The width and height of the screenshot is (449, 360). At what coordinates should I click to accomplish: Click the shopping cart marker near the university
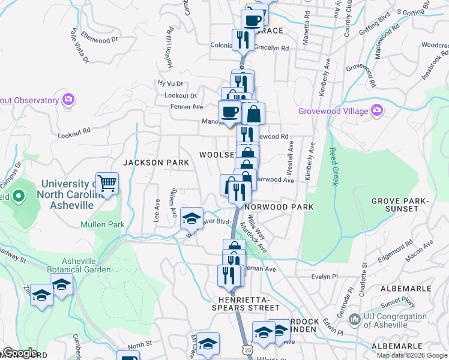pyautogui.click(x=107, y=183)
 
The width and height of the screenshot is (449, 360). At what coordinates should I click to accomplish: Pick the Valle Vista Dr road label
pyautogui.click(x=79, y=45)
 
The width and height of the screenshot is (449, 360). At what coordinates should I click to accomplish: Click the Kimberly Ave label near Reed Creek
pyautogui.click(x=309, y=161)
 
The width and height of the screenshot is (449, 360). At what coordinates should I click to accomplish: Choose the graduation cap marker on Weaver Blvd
pyautogui.click(x=191, y=218)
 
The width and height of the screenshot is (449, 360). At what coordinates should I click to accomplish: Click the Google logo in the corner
pyautogui.click(x=20, y=353)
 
